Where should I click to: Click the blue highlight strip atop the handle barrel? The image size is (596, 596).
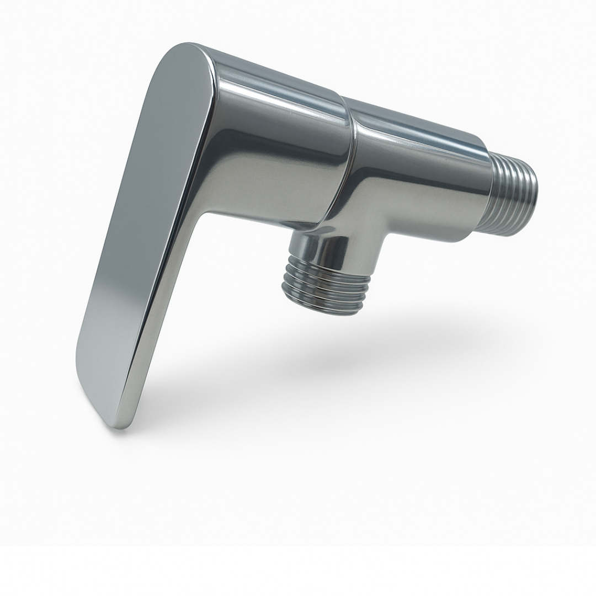point(276,74)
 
